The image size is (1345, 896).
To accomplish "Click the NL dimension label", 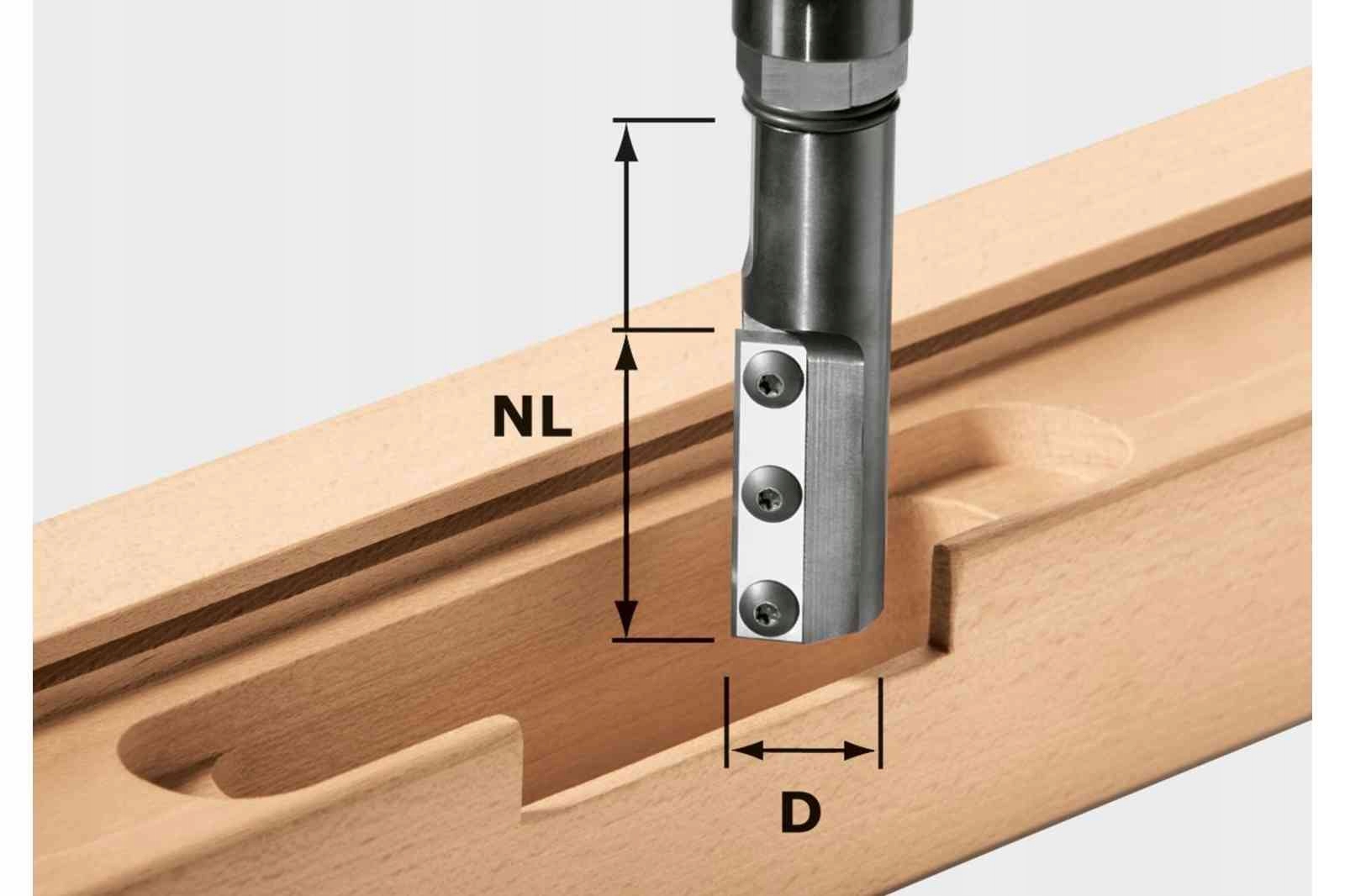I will pyautogui.click(x=532, y=417).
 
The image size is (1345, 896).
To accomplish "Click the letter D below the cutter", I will pyautogui.click(x=800, y=811).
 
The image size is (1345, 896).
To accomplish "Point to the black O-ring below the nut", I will pyautogui.click(x=820, y=118).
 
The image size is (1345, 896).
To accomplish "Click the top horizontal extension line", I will pyautogui.click(x=664, y=121).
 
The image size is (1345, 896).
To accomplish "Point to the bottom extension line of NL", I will pyautogui.click(x=664, y=640).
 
